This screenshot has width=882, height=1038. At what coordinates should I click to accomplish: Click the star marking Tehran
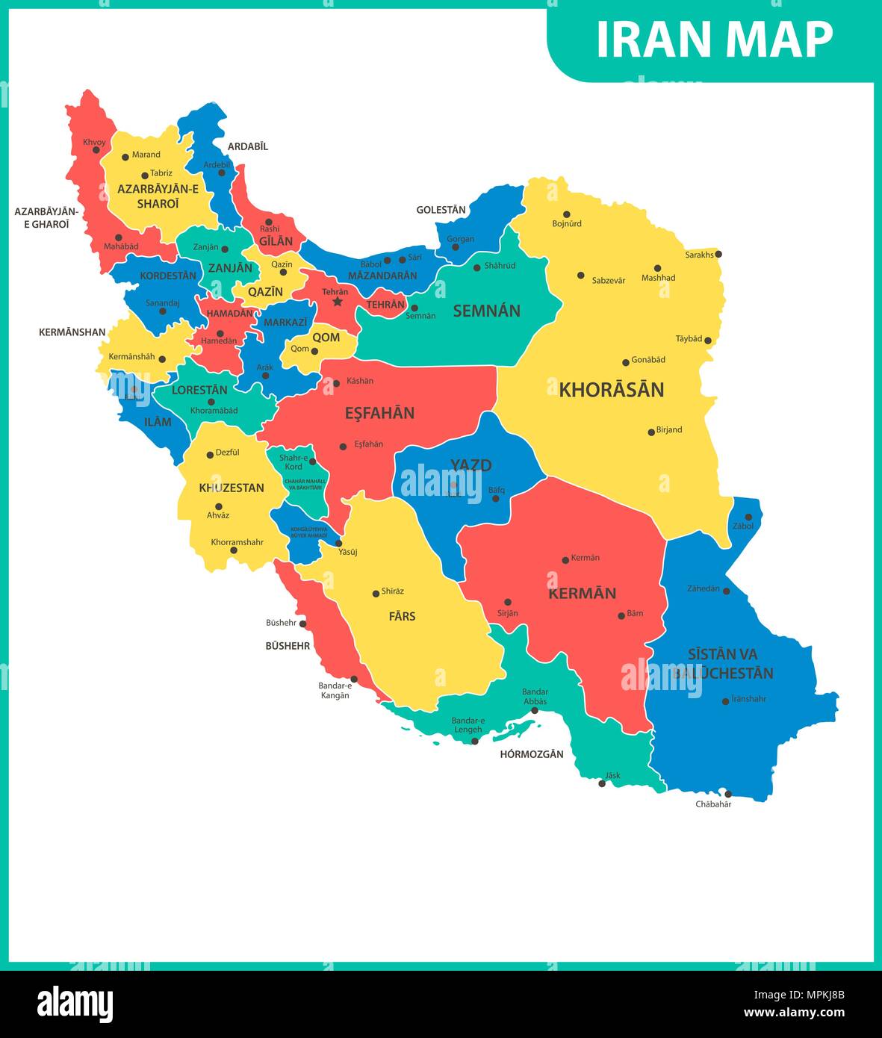point(337,302)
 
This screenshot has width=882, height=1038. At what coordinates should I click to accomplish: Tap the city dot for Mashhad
point(657,268)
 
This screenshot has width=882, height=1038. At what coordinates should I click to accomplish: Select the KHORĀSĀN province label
point(611,390)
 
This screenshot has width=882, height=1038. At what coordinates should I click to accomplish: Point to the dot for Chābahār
point(728,794)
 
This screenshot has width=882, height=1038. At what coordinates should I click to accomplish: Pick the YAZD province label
point(470,465)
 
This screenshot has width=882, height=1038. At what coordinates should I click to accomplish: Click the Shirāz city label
point(392,591)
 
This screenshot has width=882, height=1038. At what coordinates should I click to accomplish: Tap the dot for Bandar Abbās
point(534,711)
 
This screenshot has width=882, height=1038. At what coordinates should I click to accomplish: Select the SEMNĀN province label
point(486,311)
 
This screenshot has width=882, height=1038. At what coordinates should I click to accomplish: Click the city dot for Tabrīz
point(145,176)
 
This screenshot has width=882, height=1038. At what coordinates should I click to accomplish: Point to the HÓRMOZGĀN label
point(531,754)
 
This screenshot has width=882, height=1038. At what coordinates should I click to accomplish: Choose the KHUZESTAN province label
point(231,488)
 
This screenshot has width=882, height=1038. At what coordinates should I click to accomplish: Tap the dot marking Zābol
point(748,517)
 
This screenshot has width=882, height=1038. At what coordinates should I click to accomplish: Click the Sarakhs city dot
point(718,254)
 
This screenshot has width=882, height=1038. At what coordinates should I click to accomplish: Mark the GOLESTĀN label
point(441,210)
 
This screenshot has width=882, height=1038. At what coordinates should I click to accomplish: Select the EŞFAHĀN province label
point(379,413)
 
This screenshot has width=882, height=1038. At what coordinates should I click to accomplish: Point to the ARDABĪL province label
point(247,146)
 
